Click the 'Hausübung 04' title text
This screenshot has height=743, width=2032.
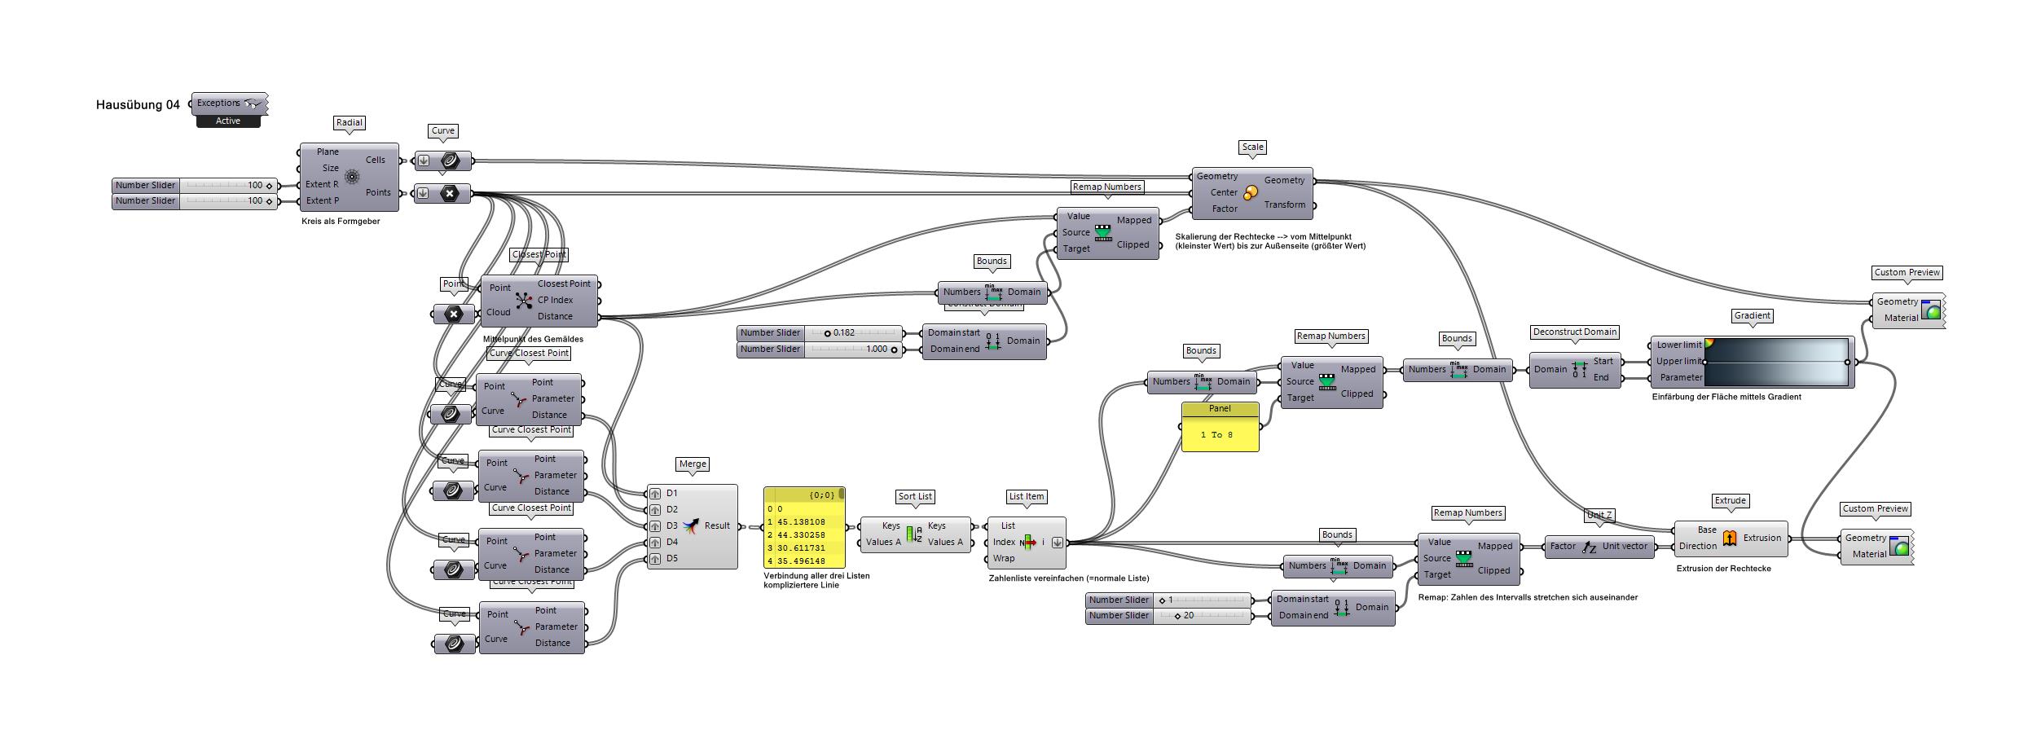pyautogui.click(x=138, y=104)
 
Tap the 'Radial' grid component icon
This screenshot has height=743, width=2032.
pyautogui.click(x=352, y=176)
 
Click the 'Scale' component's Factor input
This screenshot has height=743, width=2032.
pyautogui.click(x=1224, y=209)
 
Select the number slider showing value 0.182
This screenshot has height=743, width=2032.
pyautogui.click(x=819, y=332)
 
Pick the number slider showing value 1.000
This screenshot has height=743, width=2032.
pyautogui.click(x=819, y=349)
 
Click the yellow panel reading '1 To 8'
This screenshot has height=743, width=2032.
pyautogui.click(x=1219, y=435)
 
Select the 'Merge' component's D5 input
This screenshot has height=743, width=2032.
pyautogui.click(x=671, y=558)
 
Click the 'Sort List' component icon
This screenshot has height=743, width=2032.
pyautogui.click(x=914, y=534)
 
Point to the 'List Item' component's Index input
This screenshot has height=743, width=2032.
pyautogui.click(x=1004, y=542)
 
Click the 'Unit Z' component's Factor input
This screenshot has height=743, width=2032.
pyautogui.click(x=1562, y=546)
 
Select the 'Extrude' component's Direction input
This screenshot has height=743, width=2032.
pyautogui.click(x=1697, y=546)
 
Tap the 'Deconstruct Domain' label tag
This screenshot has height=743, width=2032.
pyautogui.click(x=1574, y=332)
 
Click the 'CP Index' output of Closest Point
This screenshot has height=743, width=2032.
pyautogui.click(x=555, y=300)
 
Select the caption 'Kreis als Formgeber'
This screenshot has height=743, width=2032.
pyautogui.click(x=341, y=221)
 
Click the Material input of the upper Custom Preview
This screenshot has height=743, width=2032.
pyautogui.click(x=1901, y=318)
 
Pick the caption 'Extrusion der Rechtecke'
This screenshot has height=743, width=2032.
pyautogui.click(x=1723, y=568)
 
